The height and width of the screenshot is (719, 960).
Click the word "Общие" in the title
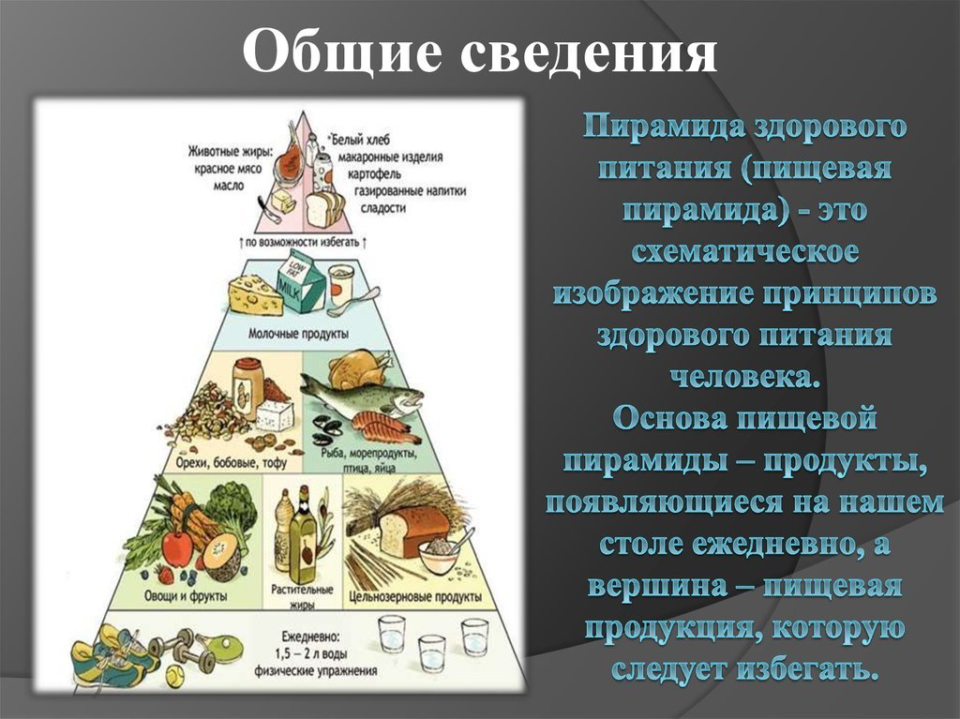click(341, 52)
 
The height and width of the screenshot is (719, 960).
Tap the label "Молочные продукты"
click(299, 335)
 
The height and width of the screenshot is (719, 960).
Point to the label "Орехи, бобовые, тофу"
click(231, 462)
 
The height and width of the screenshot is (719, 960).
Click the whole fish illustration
click(361, 391)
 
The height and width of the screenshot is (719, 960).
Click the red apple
click(177, 547)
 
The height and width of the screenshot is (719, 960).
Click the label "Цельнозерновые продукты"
click(415, 596)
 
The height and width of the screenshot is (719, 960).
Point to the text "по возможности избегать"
click(303, 242)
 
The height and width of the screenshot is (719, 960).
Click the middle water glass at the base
click(431, 654)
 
